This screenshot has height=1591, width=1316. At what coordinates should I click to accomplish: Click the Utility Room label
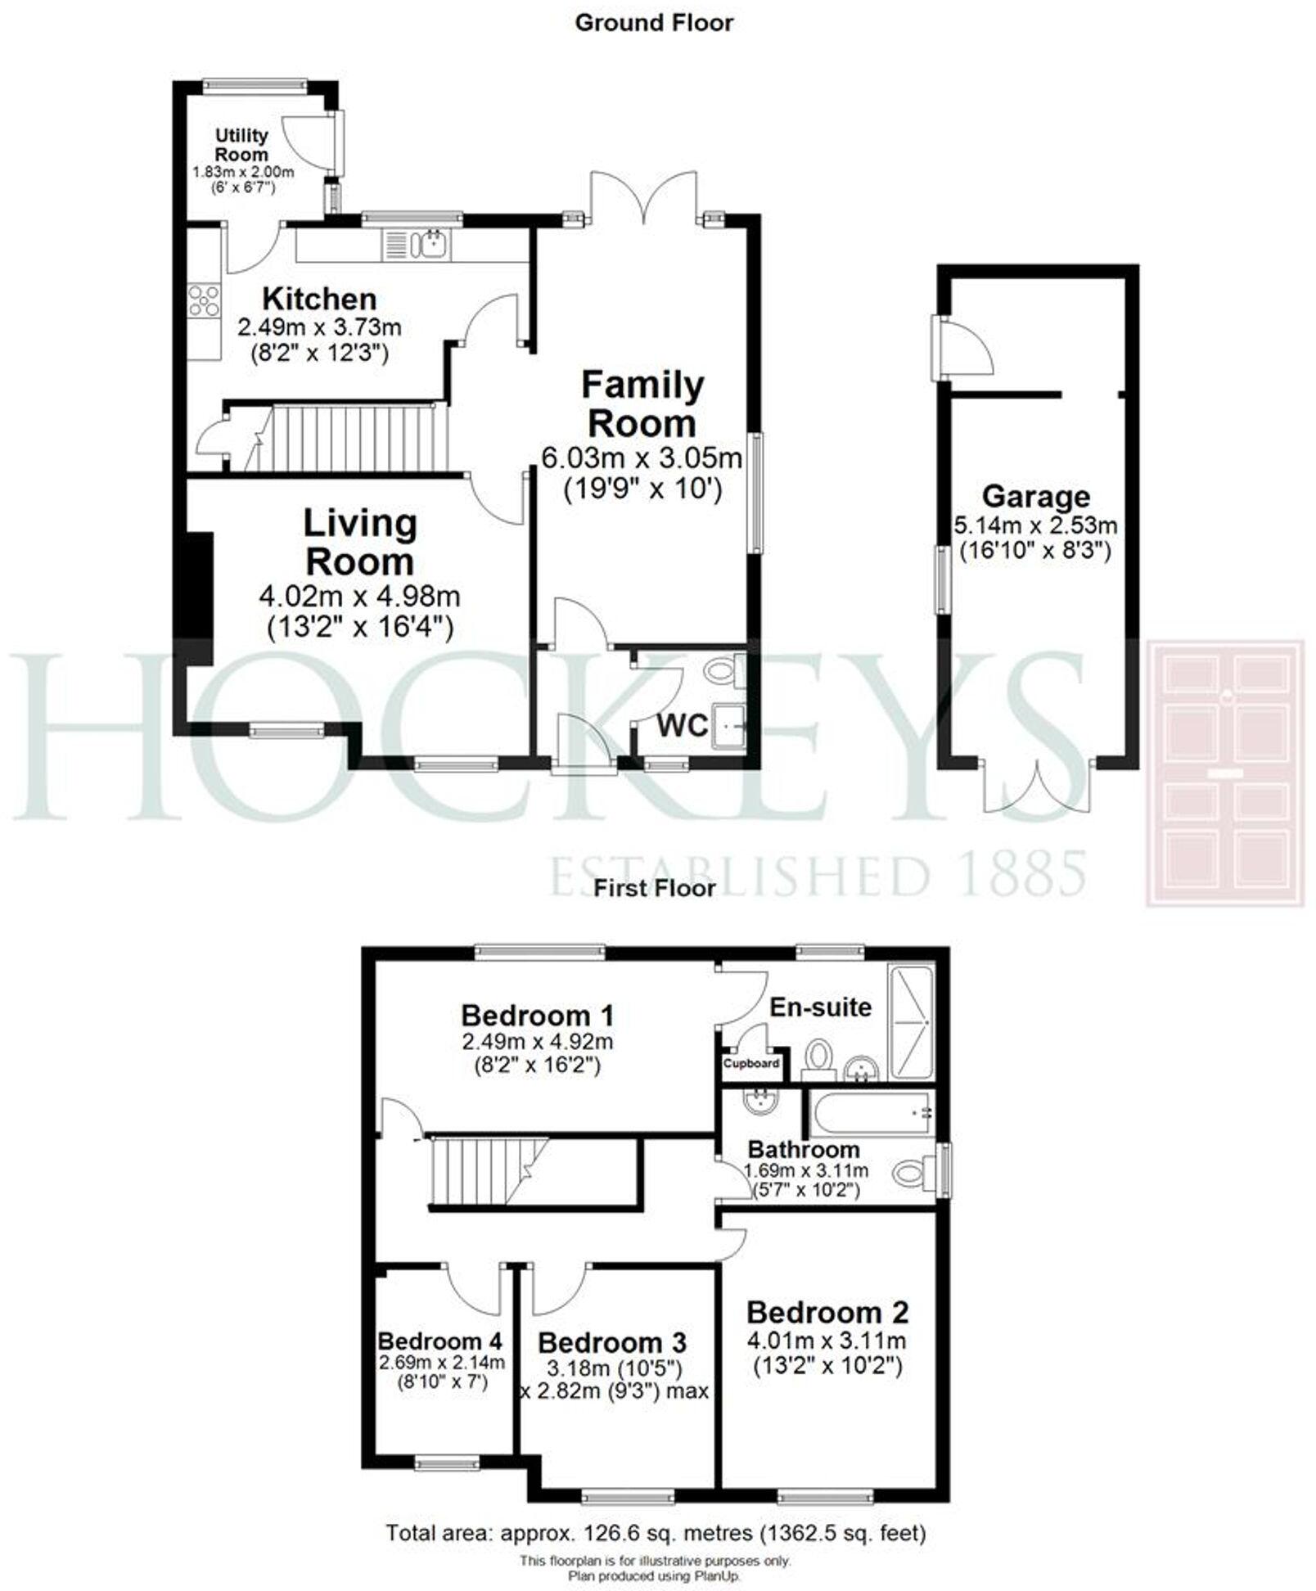[x=241, y=145]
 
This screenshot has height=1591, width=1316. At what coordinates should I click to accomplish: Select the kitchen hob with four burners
[x=204, y=299]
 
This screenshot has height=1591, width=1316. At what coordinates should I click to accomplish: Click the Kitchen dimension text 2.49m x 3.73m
[x=319, y=328]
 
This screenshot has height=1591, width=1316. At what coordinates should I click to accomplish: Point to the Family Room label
[x=642, y=403]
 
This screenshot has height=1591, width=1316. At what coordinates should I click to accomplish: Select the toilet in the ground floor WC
[x=723, y=672]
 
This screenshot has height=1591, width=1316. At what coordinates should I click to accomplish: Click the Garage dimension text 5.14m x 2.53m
[x=1035, y=525]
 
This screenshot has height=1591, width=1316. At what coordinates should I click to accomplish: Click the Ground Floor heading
[x=654, y=23]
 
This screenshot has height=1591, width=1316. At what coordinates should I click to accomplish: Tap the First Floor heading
[x=654, y=888]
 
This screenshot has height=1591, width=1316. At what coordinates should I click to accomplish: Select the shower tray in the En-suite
[x=911, y=1023]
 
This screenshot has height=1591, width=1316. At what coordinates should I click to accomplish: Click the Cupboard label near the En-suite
[x=751, y=1064]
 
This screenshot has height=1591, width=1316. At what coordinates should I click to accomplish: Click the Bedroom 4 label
[x=439, y=1341]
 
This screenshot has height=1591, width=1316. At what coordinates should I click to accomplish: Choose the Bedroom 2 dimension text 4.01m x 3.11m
[x=827, y=1341]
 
